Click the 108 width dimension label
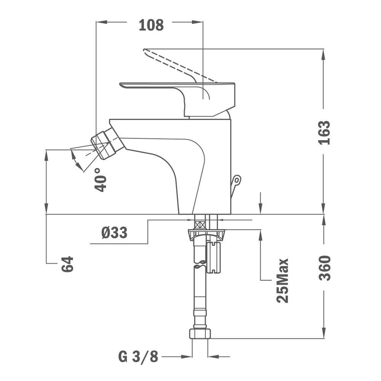pyautogui.click(x=151, y=25)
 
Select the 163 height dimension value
pyautogui.click(x=325, y=133)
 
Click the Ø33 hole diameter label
pyautogui.click(x=114, y=232)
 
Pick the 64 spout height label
pyautogui.click(x=67, y=264)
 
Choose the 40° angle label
pyautogui.click(x=100, y=180)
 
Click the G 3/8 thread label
pyautogui.click(x=138, y=357)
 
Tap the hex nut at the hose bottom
pyautogui.click(x=200, y=334)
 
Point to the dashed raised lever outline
pyautogui.click(x=180, y=66)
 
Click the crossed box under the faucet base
pyautogui.click(x=200, y=224)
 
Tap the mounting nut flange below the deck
pyautogui.click(x=206, y=235)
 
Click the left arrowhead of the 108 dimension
pyautogui.click(x=102, y=22)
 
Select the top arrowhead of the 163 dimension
pyautogui.click(x=323, y=54)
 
